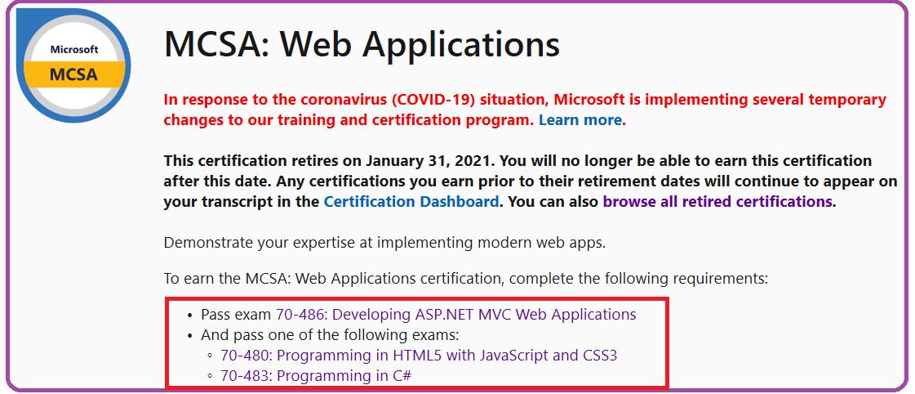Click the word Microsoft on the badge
[74, 50]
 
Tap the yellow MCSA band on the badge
[74, 74]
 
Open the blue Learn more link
[582, 120]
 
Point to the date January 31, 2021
[429, 161]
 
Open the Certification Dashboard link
[411, 202]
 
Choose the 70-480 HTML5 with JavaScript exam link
[419, 356]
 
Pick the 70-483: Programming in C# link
[316, 376]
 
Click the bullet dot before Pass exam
[189, 316]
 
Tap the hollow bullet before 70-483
[210, 377]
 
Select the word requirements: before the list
[722, 279]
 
